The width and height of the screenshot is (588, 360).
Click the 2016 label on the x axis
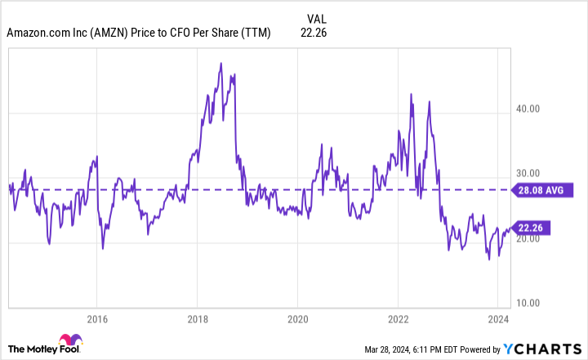pyautogui.click(x=96, y=318)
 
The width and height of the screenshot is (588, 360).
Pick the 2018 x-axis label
pyautogui.click(x=197, y=318)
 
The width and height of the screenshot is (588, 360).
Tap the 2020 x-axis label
pyautogui.click(x=297, y=318)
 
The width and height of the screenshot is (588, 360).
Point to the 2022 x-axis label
pyautogui.click(x=398, y=318)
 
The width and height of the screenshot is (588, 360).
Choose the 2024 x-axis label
pyautogui.click(x=498, y=318)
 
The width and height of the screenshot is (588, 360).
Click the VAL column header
pyautogui.click(x=317, y=17)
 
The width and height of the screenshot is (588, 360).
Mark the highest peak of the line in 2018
pyautogui.click(x=220, y=63)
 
